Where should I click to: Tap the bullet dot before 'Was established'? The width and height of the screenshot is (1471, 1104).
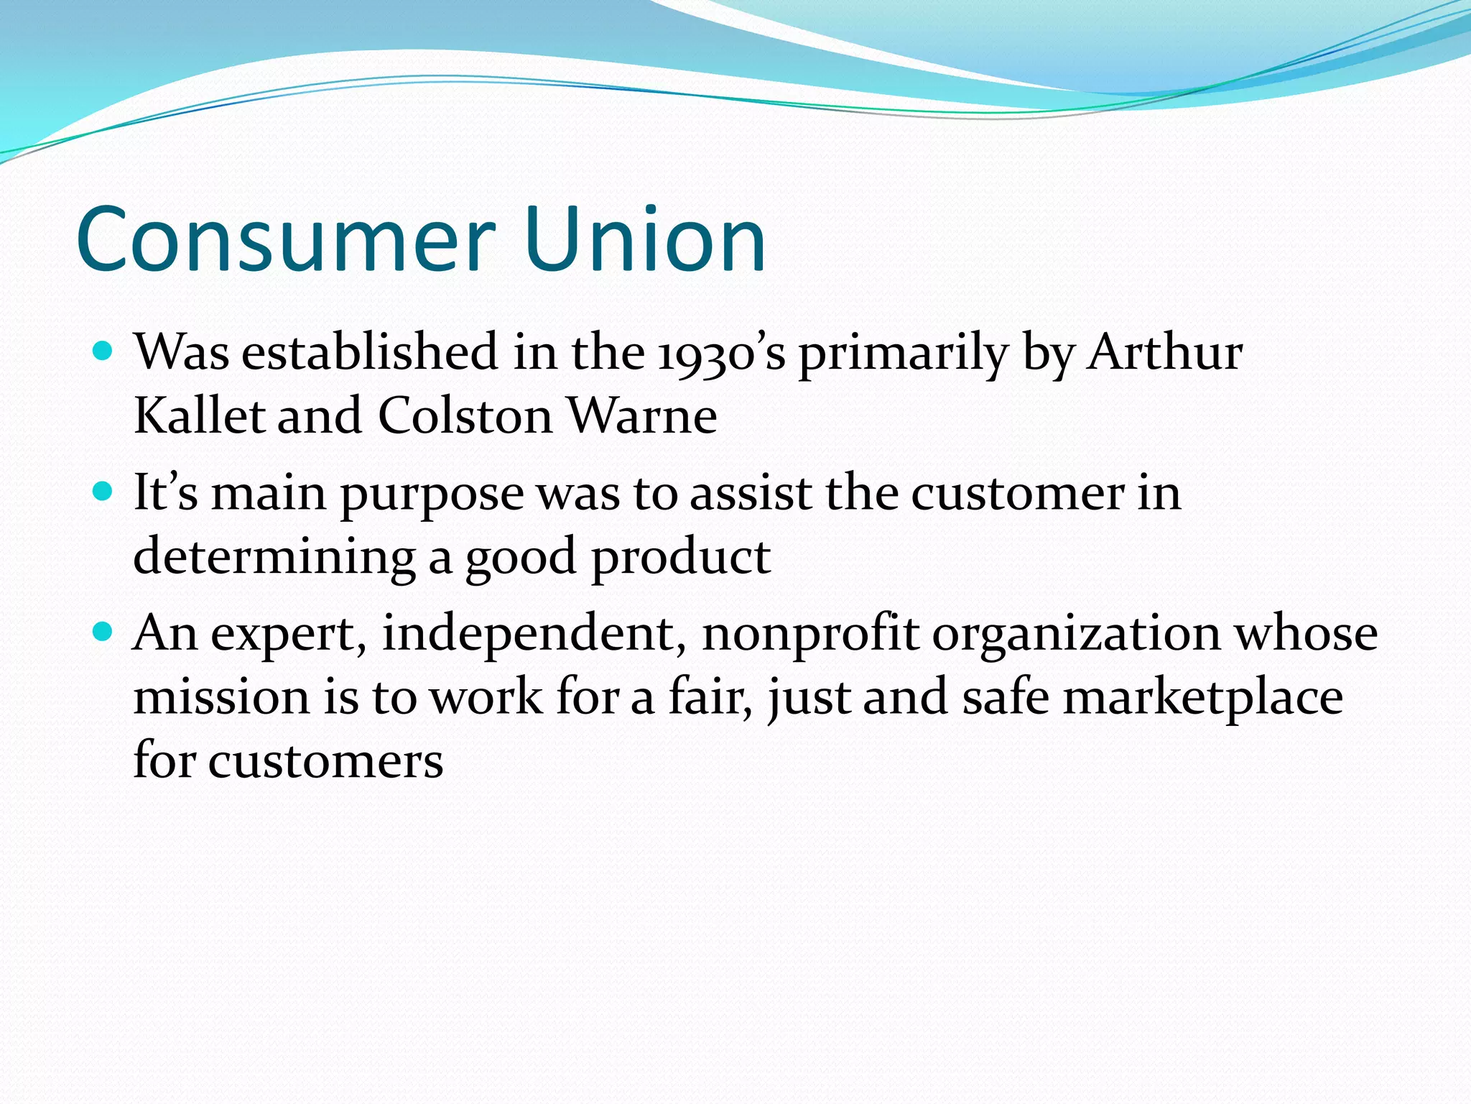point(104,351)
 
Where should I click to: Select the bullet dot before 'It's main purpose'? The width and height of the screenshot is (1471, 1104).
point(104,492)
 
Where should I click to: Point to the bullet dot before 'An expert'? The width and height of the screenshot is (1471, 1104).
point(104,632)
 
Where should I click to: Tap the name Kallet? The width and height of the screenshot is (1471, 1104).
point(199,416)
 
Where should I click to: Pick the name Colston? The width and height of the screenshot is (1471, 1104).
point(465,416)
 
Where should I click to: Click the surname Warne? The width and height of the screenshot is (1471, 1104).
point(641,416)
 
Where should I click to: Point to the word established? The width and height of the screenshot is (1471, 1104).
point(369,354)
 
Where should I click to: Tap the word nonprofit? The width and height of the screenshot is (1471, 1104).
point(809,635)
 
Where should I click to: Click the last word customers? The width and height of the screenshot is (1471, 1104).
point(325,761)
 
